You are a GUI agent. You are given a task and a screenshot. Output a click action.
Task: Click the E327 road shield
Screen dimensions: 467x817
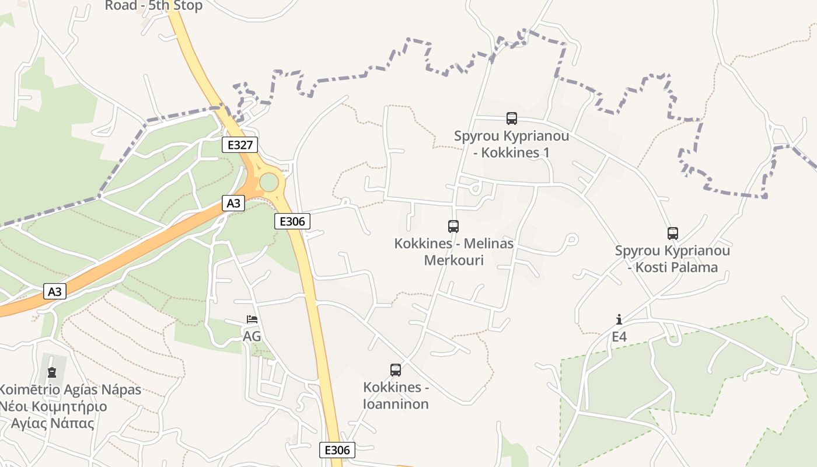pyautogui.click(x=240, y=145)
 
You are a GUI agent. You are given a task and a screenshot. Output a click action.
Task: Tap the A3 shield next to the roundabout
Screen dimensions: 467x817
pyautogui.click(x=233, y=203)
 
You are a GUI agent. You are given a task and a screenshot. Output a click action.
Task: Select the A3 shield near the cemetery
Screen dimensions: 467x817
pyautogui.click(x=55, y=291)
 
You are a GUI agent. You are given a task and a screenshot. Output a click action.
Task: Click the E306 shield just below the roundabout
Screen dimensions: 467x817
pyautogui.click(x=292, y=221)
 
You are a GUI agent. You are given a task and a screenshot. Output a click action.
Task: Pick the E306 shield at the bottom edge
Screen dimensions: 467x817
pyautogui.click(x=337, y=450)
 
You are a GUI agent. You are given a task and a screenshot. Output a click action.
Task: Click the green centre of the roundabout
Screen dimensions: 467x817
pyautogui.click(x=269, y=182)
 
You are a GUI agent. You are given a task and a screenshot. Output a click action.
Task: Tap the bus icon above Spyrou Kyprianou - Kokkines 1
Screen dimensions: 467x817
pyautogui.click(x=512, y=119)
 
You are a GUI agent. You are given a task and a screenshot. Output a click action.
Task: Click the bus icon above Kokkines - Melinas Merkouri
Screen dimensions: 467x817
pyautogui.click(x=453, y=226)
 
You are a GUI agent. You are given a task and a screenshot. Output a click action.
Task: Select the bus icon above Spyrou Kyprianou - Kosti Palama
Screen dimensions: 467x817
pyautogui.click(x=673, y=233)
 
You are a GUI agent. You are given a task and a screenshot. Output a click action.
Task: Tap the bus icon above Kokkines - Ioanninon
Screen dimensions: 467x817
pyautogui.click(x=396, y=370)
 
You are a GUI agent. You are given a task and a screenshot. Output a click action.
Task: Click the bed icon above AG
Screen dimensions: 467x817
pyautogui.click(x=252, y=319)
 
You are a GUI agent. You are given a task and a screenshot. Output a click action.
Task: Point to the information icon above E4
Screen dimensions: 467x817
pyautogui.click(x=619, y=319)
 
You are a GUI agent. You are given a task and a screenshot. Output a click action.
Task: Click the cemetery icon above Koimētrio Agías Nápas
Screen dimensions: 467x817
pyautogui.click(x=52, y=372)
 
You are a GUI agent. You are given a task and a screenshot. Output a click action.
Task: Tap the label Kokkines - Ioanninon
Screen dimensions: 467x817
pyautogui.click(x=396, y=396)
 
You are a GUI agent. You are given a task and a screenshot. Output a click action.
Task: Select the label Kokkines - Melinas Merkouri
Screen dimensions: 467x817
pyautogui.click(x=454, y=252)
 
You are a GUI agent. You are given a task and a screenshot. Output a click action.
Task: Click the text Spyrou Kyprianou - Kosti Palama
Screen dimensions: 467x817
pyautogui.click(x=672, y=259)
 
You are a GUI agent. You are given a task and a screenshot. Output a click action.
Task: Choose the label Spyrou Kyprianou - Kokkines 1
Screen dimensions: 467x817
pyautogui.click(x=512, y=144)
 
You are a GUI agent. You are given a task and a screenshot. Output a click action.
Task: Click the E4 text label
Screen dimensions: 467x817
pyautogui.click(x=619, y=337)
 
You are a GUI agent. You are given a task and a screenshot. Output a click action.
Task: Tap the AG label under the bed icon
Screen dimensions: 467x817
pyautogui.click(x=252, y=337)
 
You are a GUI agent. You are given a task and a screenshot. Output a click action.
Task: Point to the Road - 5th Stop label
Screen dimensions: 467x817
pyautogui.click(x=153, y=6)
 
